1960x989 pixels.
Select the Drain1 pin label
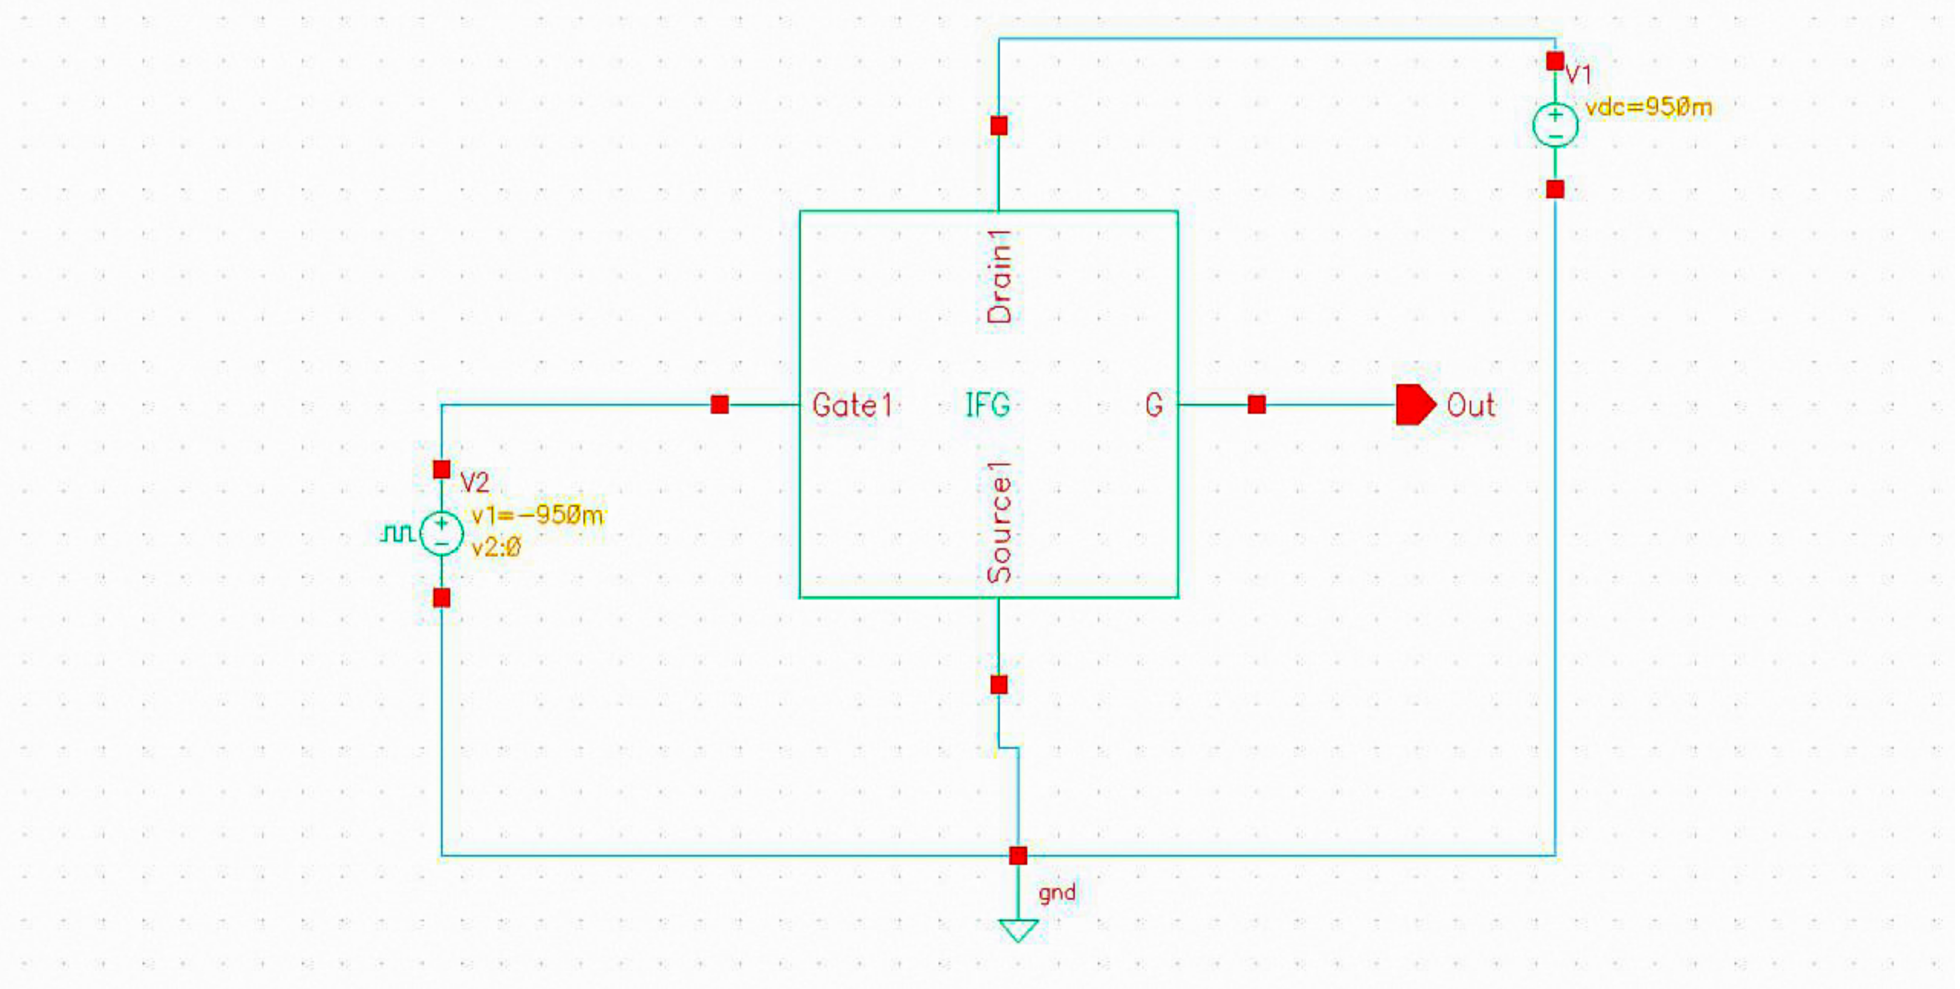click(x=999, y=277)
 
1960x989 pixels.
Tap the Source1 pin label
click(x=999, y=523)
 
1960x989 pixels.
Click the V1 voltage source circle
click(x=1555, y=125)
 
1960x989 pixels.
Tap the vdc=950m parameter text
click(x=1648, y=108)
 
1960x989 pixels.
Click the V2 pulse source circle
click(x=442, y=533)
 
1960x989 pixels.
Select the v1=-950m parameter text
click(x=537, y=516)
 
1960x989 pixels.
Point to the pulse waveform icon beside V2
click(x=397, y=533)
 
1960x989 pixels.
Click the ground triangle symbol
click(x=1018, y=930)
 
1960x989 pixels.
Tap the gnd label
click(x=1057, y=892)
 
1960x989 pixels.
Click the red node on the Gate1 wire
click(x=720, y=404)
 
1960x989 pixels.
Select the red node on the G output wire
click(x=1257, y=404)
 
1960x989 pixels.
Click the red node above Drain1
click(x=999, y=126)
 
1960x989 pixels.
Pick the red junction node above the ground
click(x=1018, y=856)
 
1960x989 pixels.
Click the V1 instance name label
click(x=1578, y=74)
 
